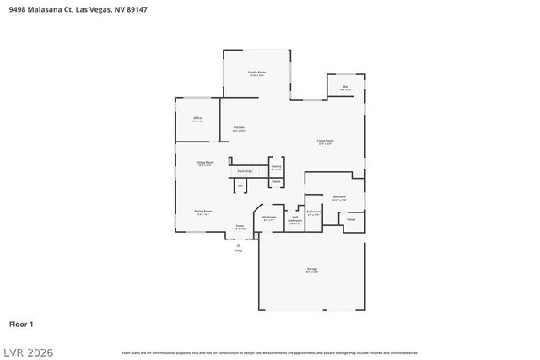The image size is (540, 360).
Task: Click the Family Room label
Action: coord(256,73)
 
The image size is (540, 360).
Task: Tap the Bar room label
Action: coord(345,87)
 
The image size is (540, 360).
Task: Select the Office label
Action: coord(197,118)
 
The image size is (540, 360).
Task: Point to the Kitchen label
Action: coord(239,128)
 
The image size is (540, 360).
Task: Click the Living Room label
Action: coord(325,142)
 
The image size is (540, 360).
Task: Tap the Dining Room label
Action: coord(202,212)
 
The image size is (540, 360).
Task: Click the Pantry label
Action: coord(276,167)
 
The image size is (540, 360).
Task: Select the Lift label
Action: coord(240,185)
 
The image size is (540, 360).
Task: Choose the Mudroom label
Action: coord(269,218)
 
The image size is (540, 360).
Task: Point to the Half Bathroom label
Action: coord(295,220)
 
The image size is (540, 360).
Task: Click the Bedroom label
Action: coord(339,197)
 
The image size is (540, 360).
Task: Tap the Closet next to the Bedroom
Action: coord(350,218)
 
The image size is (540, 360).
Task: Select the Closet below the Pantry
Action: coord(276,181)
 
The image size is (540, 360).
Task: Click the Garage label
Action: coord(312,271)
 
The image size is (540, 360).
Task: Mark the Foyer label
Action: coord(240,227)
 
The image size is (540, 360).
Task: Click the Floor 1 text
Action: coord(21,324)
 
